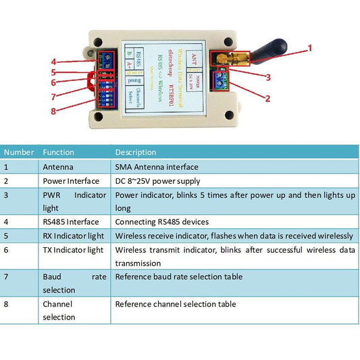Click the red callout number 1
310,47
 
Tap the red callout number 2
267,99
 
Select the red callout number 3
268,77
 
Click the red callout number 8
53,111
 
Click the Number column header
19,152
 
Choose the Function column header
58,152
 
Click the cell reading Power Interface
70,181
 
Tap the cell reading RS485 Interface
70,222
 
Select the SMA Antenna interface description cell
157,167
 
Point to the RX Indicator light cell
73,236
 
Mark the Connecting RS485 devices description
162,222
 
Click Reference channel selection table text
176,304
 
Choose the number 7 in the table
7,277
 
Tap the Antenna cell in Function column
58,167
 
